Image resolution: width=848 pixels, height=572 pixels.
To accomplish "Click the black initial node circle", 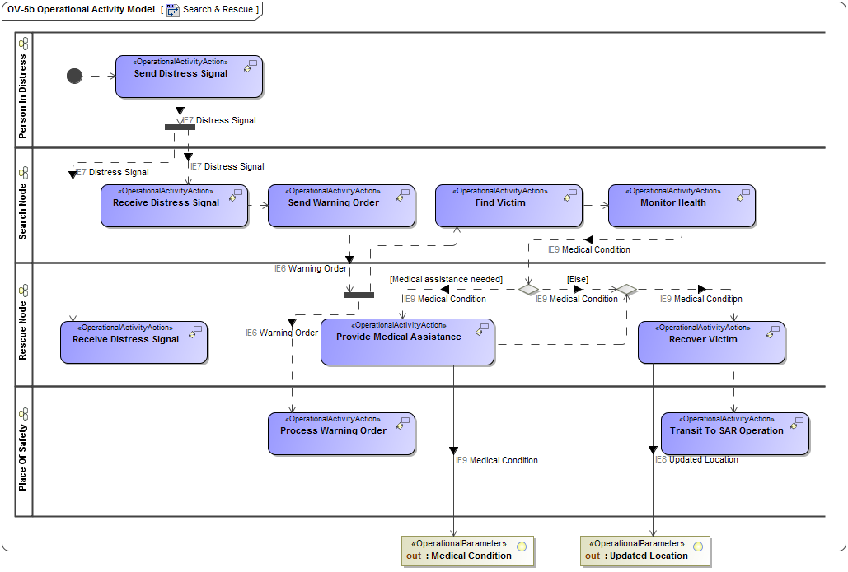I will (x=75, y=76).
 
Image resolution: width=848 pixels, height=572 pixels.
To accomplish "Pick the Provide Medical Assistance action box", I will (x=407, y=342).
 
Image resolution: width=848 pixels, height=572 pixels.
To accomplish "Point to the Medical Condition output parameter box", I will (x=467, y=551).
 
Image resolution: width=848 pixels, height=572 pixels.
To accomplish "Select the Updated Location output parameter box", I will (x=645, y=551).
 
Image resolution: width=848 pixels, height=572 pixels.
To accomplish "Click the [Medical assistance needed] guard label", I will (x=446, y=280).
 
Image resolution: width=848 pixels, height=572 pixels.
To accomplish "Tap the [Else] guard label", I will (x=577, y=280).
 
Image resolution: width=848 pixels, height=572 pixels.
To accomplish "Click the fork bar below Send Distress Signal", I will (x=180, y=127).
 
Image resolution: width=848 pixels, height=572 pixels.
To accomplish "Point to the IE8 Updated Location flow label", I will (x=696, y=459).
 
